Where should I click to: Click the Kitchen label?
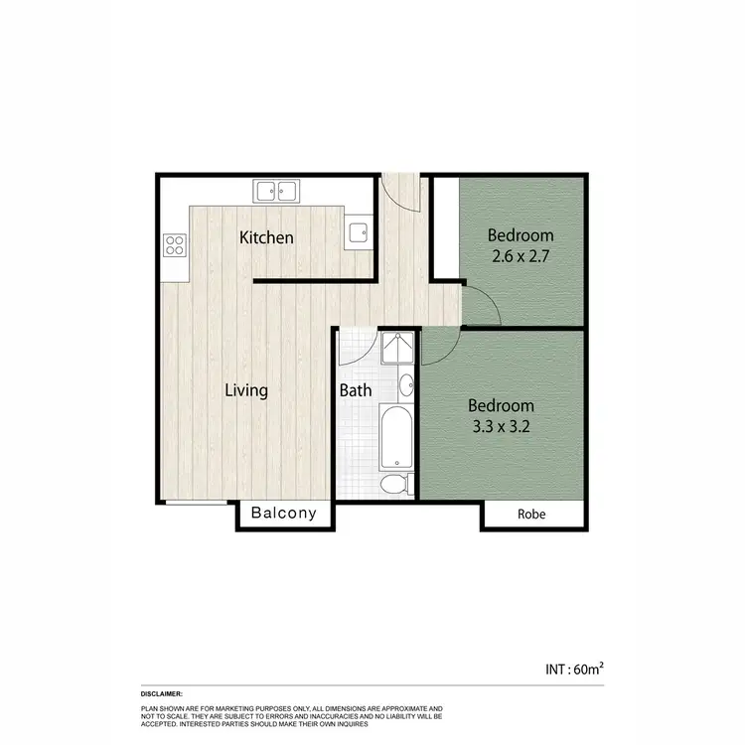[x=267, y=238]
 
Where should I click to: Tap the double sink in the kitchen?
[x=277, y=190]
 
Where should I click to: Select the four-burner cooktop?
[x=175, y=244]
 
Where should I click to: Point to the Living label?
[x=245, y=390]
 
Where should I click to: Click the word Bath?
[x=356, y=390]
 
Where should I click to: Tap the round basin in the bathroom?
[x=406, y=385]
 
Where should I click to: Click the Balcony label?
[x=283, y=514]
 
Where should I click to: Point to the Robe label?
[x=532, y=515]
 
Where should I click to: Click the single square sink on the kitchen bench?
[x=359, y=234]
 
